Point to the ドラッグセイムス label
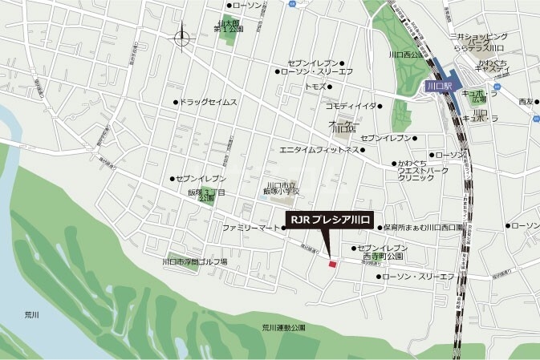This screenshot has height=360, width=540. click(209, 102)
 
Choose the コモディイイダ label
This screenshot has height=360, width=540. click(351, 105)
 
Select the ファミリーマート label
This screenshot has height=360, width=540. click(251, 228)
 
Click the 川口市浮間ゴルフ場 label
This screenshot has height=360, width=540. click(195, 261)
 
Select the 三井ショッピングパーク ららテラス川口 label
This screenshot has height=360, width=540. click(479, 42)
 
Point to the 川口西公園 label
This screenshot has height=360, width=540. click(405, 55)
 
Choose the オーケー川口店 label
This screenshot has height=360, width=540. click(342, 126)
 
